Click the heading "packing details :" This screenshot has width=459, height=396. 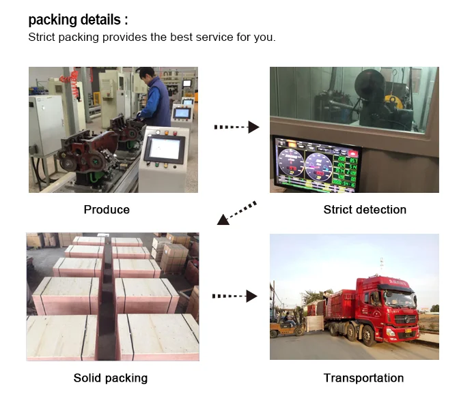click(x=77, y=20)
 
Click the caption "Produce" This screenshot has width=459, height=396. click(x=106, y=209)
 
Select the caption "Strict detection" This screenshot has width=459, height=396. click(x=364, y=209)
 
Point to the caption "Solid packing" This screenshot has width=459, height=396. click(x=110, y=378)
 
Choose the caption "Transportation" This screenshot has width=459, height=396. click(x=363, y=378)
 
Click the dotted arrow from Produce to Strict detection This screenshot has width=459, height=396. click(x=236, y=127)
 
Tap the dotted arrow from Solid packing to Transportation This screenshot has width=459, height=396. click(x=234, y=296)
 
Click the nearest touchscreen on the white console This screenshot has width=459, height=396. click(x=164, y=147)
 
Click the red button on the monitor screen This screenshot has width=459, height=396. click(x=353, y=155)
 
